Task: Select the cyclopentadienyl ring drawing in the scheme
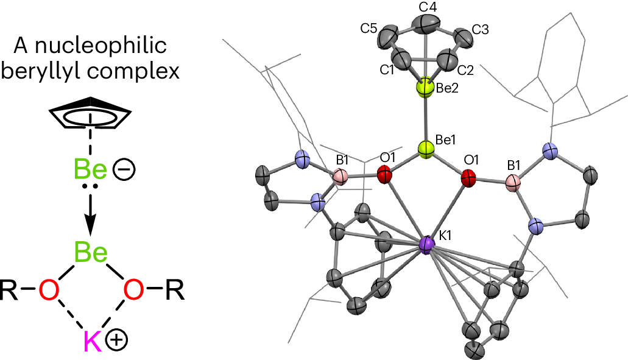click(90, 113)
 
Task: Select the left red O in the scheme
click(50, 291)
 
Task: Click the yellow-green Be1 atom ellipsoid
click(426, 149)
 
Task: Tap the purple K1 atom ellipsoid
click(428, 245)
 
